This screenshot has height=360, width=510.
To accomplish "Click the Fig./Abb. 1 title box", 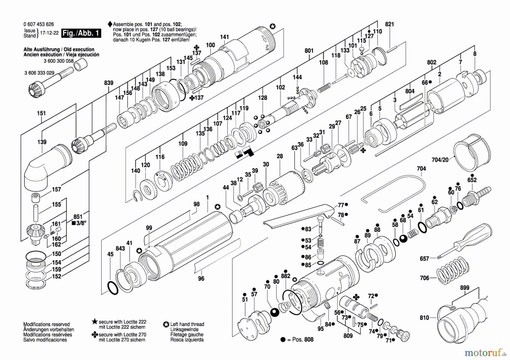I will (81, 33).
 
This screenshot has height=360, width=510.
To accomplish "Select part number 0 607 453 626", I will (39, 24).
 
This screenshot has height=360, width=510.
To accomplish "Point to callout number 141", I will (224, 37).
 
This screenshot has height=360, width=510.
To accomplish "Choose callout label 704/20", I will (440, 160).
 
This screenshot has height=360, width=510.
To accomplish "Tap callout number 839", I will (109, 83).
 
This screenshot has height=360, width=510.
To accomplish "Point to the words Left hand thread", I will (187, 324).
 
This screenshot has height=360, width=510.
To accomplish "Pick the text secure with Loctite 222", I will (122, 322).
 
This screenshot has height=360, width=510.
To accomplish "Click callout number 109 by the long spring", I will (183, 144).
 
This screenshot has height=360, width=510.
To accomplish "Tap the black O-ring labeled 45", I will (113, 288).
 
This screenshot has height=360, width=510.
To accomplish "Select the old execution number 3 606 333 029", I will (39, 73).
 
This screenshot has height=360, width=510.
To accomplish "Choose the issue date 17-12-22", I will (49, 33).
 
